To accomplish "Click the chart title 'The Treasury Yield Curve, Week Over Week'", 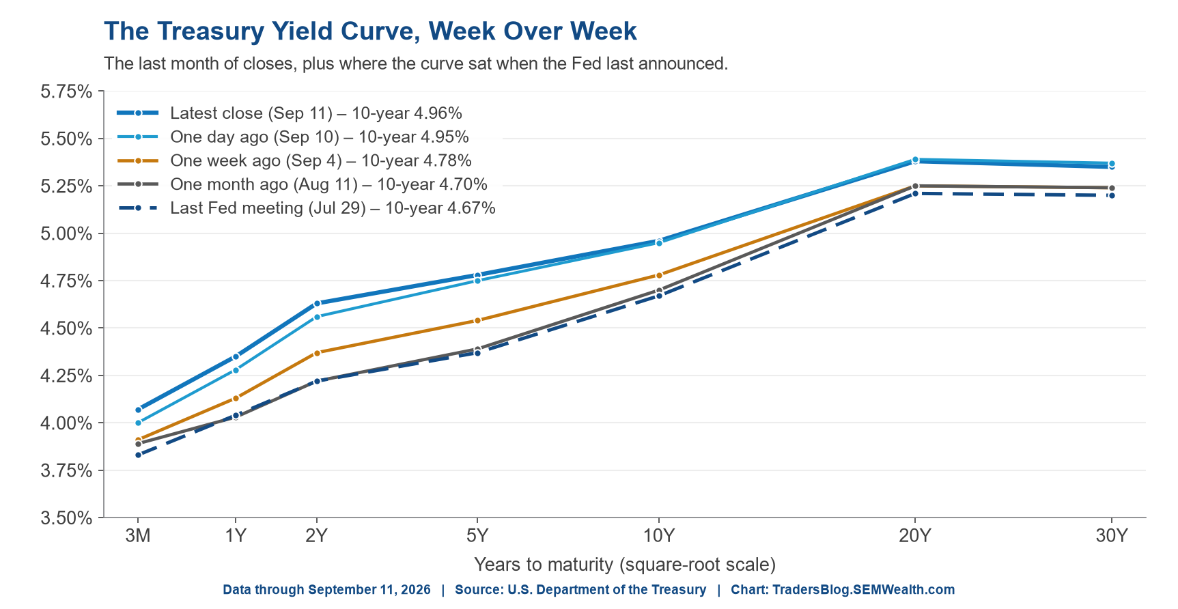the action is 370,31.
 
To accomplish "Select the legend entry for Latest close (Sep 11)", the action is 290,113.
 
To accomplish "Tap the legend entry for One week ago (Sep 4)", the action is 294,161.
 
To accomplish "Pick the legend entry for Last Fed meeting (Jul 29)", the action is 306,208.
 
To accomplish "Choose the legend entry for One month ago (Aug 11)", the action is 302,184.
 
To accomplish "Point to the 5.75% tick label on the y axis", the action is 66,91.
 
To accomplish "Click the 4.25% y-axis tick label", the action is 66,376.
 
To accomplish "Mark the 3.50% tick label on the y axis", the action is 66,518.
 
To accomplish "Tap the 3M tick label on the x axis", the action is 138,536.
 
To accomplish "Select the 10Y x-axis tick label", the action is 659,536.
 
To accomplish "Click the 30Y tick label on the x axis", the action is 1112,536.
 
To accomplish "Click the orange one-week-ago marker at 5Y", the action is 477,320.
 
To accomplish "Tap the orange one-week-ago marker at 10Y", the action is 659,275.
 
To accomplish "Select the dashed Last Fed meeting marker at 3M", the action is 138,455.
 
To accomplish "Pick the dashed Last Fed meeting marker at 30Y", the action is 1112,195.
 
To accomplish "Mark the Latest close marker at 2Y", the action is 317,303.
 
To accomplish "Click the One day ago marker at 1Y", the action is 236,370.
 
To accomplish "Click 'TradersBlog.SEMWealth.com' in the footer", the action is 863,590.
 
